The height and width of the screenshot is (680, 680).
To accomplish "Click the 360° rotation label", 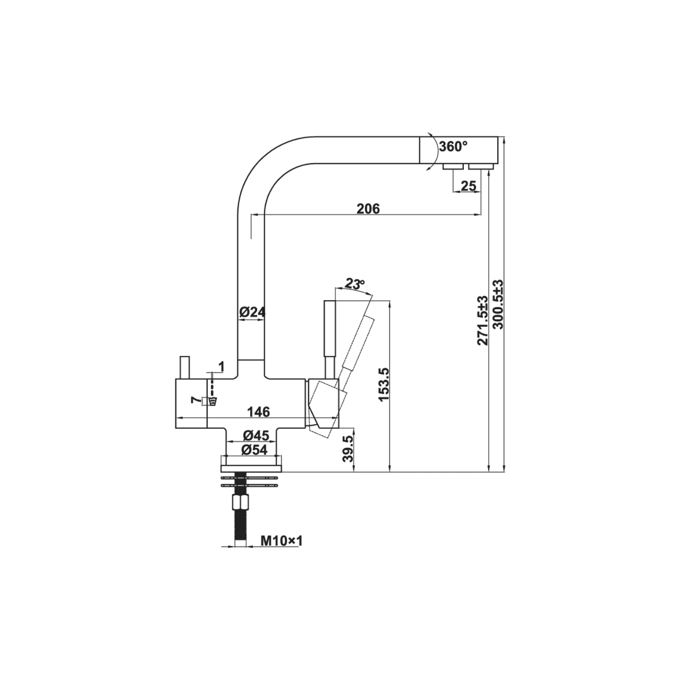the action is (453, 147).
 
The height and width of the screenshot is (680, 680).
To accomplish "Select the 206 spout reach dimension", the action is (368, 209).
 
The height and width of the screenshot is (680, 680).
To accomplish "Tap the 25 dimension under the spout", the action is (468, 185).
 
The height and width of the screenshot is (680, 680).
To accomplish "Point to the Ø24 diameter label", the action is (252, 312).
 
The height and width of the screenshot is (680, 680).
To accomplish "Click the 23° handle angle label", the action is (355, 284).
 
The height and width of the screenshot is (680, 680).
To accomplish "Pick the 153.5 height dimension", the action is (384, 384).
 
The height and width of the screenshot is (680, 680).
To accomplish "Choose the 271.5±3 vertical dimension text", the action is (483, 320).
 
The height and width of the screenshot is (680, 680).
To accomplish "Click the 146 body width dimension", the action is (258, 412).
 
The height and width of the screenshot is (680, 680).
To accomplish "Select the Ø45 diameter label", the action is (256, 435).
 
